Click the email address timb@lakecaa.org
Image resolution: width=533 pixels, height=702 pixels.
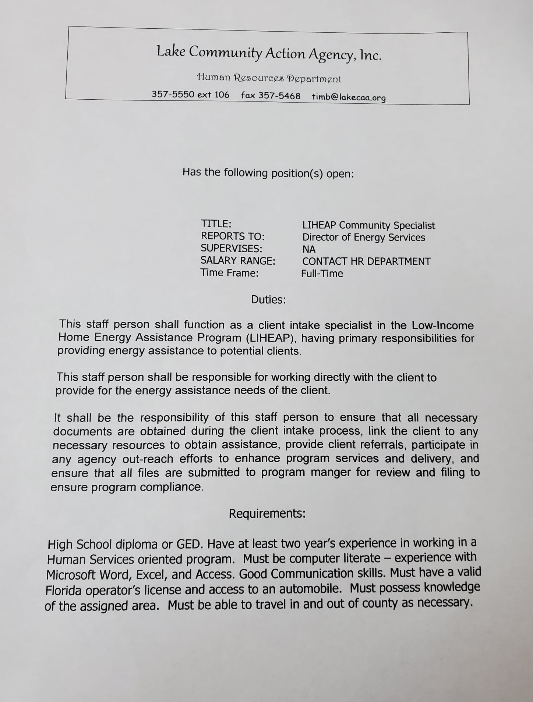349,97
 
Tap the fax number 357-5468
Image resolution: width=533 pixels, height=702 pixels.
279,96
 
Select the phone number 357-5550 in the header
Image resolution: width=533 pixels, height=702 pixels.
173,95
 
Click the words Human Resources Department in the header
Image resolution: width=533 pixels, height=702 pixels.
269,78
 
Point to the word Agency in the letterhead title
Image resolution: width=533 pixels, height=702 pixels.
331,55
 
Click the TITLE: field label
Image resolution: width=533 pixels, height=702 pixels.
216,224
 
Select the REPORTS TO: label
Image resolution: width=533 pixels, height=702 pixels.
233,236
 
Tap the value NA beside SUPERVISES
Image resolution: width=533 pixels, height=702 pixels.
309,249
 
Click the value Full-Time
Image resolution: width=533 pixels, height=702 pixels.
322,274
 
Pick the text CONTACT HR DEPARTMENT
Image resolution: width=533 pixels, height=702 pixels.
366,261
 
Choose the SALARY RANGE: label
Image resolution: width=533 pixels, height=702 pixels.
238,261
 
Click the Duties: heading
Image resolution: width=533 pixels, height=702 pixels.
268,300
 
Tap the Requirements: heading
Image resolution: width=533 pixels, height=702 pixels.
267,513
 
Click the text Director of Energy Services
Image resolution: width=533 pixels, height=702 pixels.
364,238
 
